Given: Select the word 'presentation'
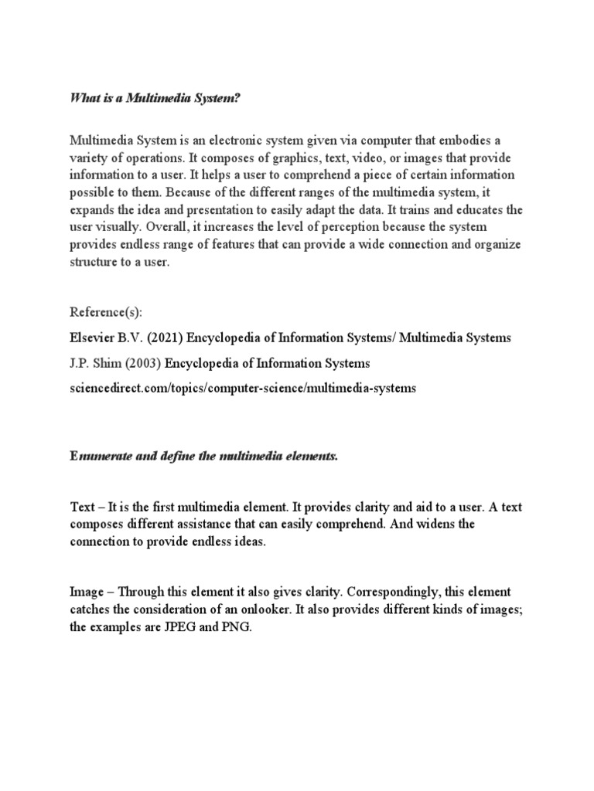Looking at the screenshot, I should [217, 210].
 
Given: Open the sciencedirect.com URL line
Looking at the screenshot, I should [242, 389].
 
